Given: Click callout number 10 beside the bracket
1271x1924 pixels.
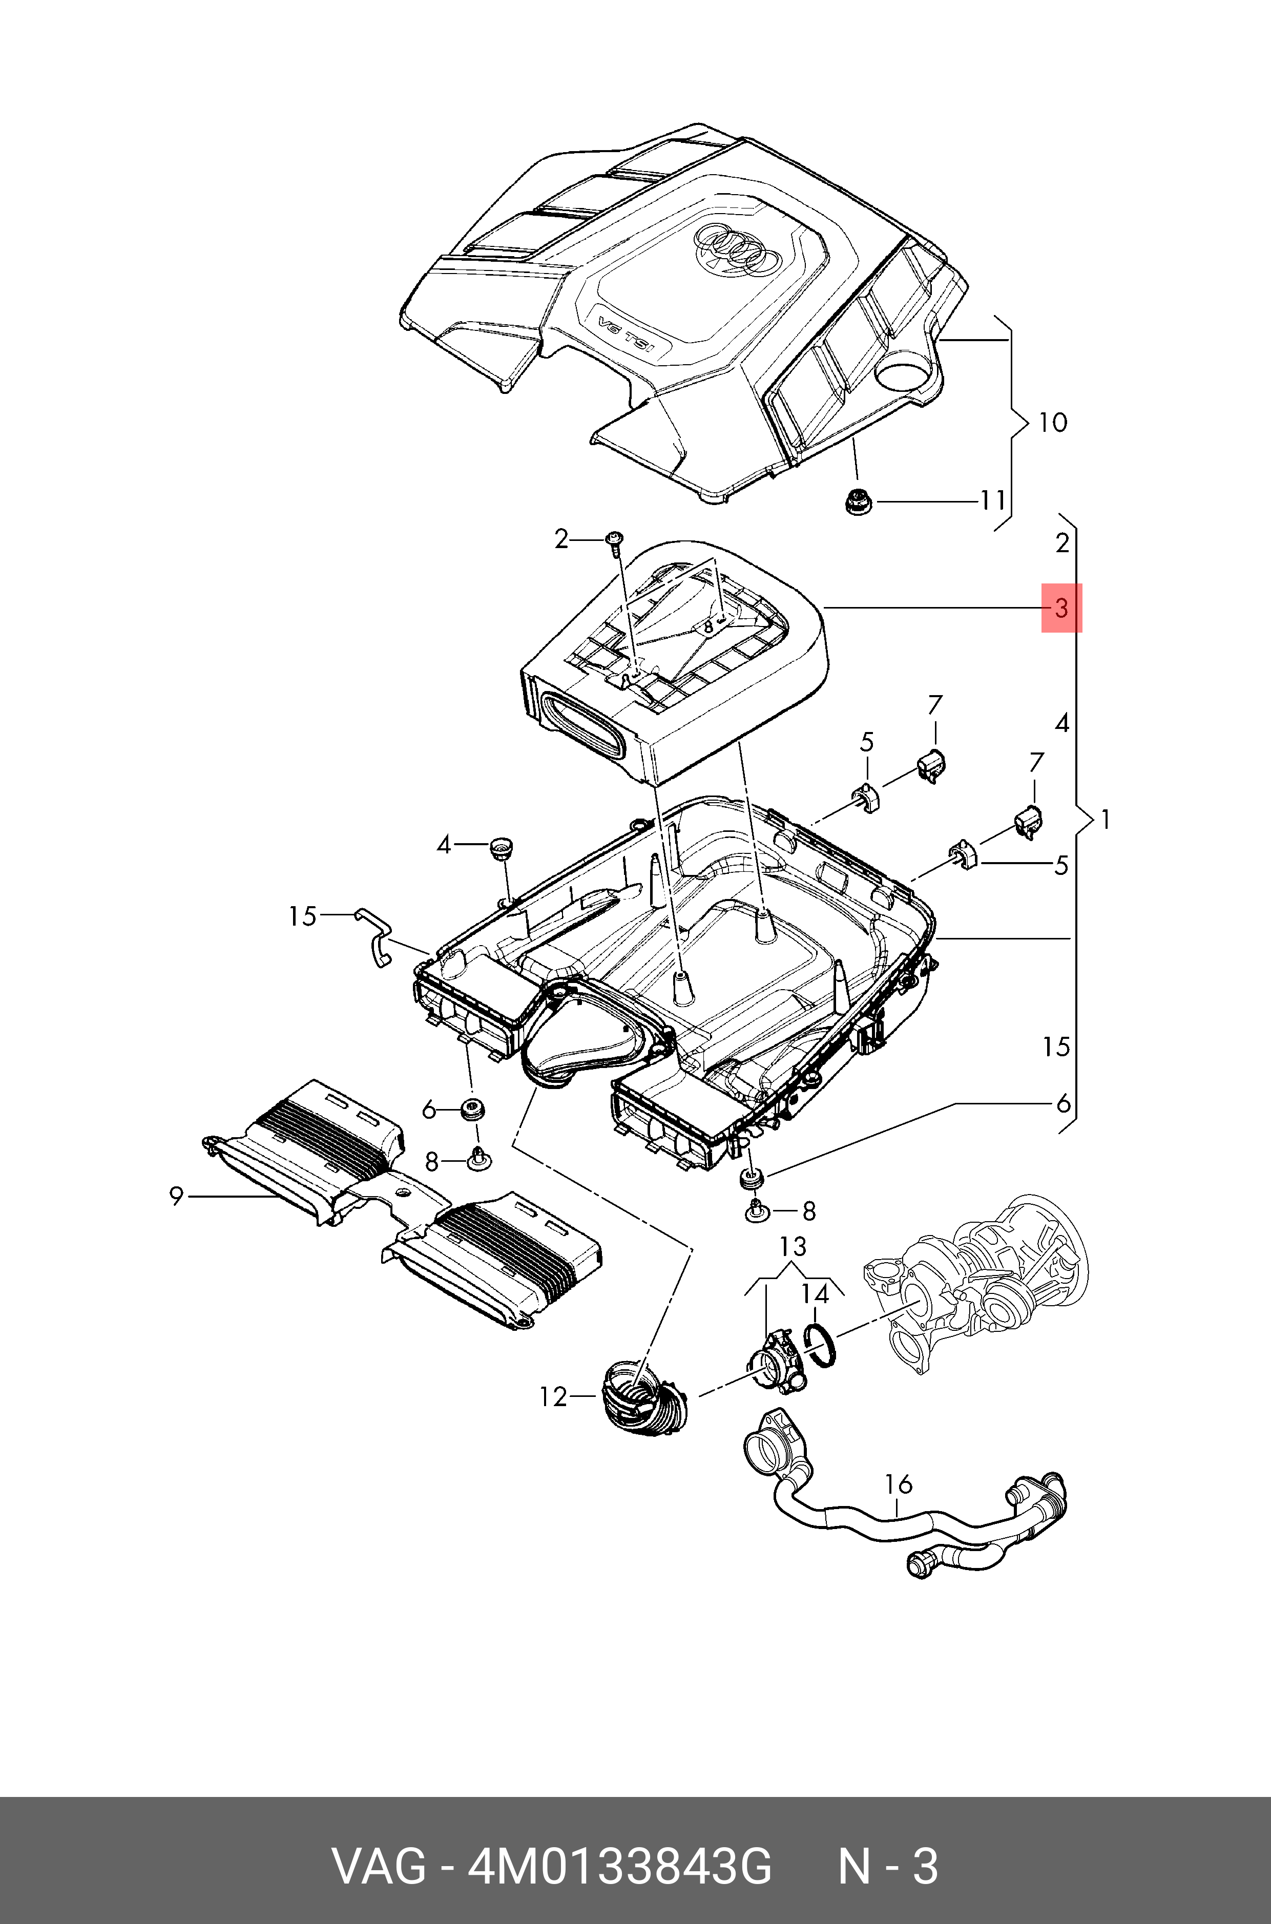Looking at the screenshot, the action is click(1053, 422).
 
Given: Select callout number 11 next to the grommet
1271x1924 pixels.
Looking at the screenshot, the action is click(993, 501).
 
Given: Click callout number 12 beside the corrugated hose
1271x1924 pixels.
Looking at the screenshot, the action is click(554, 1396).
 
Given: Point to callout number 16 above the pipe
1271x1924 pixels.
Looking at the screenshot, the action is click(898, 1484).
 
